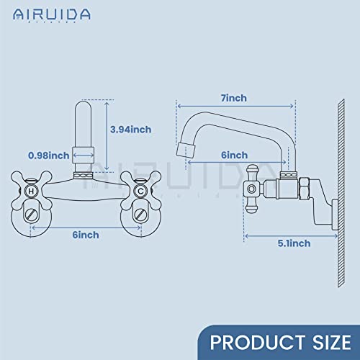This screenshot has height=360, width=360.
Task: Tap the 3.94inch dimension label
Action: pos(130,130)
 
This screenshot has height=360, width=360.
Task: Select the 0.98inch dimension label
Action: pos(49,155)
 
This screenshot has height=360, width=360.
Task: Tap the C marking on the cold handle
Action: pos(140,191)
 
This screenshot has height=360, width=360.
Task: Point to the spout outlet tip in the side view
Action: pos(185,150)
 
